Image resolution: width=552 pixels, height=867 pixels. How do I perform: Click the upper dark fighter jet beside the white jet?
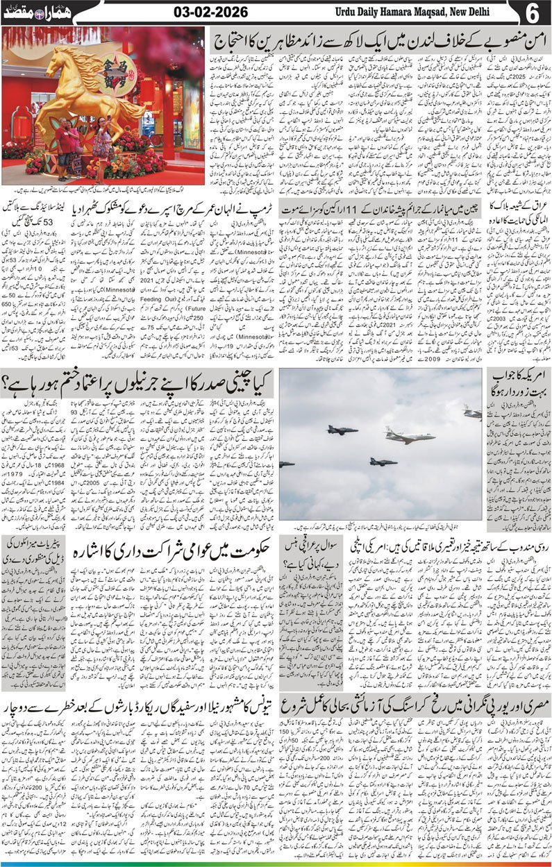342,430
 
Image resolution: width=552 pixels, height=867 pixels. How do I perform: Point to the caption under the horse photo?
104,190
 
